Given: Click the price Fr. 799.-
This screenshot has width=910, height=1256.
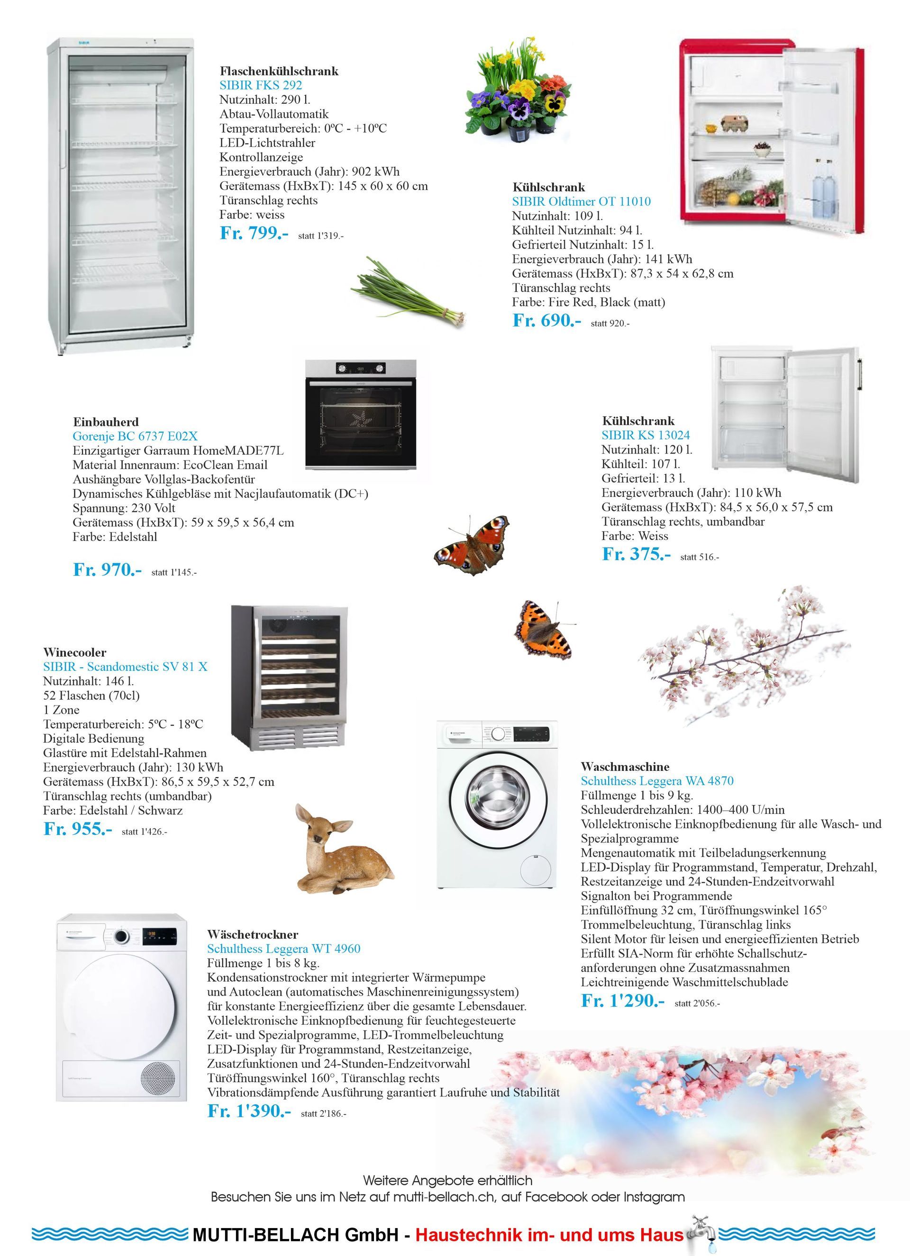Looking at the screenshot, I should click(254, 233).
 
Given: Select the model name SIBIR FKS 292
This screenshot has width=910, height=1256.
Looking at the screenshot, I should click(260, 85).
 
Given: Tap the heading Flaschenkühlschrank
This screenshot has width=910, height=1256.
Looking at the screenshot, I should click(279, 71).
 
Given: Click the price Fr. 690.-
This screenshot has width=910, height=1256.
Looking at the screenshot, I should click(546, 321).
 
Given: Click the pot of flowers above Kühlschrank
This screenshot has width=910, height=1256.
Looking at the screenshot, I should click(518, 91).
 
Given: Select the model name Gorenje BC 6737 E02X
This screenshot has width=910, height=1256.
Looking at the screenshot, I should click(135, 436).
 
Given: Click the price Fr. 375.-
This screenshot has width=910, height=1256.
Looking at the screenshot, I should click(636, 554).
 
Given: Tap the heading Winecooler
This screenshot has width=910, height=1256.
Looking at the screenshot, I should click(75, 652).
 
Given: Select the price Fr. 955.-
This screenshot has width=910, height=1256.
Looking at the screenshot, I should click(78, 829).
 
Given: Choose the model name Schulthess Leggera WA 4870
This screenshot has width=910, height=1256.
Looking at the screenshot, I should click(657, 781).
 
